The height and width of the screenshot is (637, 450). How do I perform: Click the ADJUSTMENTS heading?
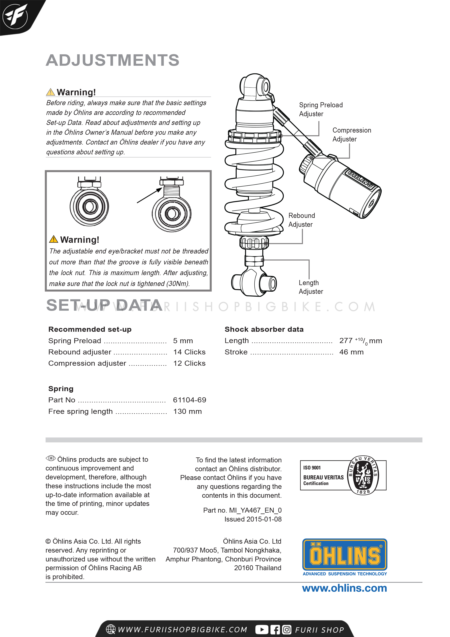112,60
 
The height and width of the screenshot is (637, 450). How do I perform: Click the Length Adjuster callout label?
310,287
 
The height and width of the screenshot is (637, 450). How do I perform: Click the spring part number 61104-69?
189,400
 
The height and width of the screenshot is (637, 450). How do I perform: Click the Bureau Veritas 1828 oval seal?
363,475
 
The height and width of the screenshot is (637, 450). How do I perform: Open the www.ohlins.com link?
344,588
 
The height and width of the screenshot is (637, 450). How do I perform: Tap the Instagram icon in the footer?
287,630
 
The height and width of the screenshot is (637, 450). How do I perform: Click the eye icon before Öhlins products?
50,458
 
